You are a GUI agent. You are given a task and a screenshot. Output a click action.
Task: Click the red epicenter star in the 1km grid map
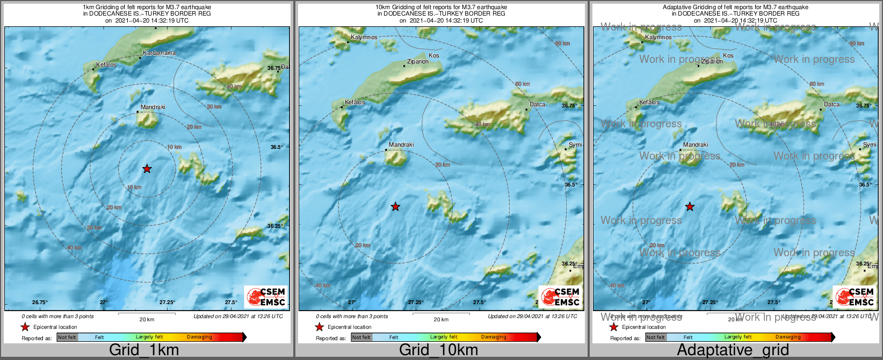click(x=147, y=169)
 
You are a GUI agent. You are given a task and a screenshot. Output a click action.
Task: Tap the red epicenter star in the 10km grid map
click(x=395, y=206)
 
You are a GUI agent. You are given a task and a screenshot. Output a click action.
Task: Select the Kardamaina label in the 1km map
click(x=159, y=53)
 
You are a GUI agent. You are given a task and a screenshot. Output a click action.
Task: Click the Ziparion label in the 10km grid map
click(x=418, y=61)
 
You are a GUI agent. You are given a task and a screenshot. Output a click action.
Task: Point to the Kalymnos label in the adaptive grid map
click(x=658, y=38)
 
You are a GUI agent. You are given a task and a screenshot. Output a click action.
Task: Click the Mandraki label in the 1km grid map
click(x=153, y=107)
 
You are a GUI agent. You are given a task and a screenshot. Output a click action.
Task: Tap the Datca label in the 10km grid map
click(x=537, y=105)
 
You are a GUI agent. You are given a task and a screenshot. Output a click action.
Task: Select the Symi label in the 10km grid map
click(x=575, y=145)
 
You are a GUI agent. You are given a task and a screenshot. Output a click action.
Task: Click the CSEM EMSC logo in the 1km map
click(x=265, y=297)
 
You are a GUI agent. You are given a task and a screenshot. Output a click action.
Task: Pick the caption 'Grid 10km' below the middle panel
click(x=438, y=350)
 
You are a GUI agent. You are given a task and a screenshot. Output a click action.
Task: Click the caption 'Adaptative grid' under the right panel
click(x=733, y=350)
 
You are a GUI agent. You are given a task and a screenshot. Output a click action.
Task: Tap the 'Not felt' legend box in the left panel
click(x=67, y=337)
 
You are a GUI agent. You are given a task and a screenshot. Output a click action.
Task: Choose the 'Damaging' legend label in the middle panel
click(x=494, y=337)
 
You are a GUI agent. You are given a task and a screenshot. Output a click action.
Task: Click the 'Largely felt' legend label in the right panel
click(x=738, y=337)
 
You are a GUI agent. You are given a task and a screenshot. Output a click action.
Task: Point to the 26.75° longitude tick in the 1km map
click(x=40, y=303)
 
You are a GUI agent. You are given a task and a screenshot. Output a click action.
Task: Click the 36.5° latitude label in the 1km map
click(x=277, y=147)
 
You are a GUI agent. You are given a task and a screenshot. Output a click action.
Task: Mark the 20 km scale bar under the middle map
click(x=441, y=314)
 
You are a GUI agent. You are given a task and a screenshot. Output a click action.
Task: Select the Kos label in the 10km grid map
click(x=433, y=55)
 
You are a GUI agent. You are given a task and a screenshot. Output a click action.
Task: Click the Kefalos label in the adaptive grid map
click(x=649, y=102)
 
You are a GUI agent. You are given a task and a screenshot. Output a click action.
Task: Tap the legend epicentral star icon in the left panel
click(x=25, y=327)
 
